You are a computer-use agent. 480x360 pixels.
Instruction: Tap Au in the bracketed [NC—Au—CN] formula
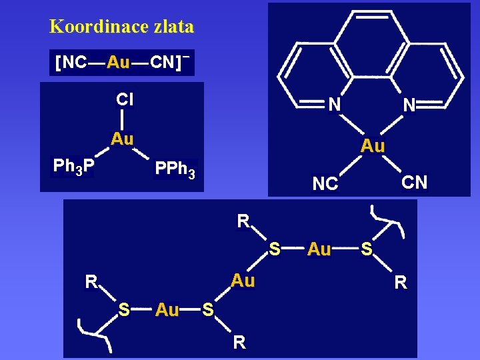118,63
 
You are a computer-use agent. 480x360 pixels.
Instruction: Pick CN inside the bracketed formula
163,63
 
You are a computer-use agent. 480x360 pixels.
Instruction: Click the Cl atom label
124,99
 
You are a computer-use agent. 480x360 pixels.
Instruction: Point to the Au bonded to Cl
123,139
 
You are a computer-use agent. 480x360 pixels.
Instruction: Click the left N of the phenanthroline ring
335,104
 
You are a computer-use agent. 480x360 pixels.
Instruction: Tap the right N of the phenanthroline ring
409,104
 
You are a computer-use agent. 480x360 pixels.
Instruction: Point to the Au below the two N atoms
373,146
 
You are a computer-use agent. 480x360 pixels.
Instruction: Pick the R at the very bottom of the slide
239,343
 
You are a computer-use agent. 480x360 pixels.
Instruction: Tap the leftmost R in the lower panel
91,282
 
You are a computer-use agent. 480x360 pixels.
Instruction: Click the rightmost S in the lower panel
366,249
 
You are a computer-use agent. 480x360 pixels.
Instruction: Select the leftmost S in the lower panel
123,309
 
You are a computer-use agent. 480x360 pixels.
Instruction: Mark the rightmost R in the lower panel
400,283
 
